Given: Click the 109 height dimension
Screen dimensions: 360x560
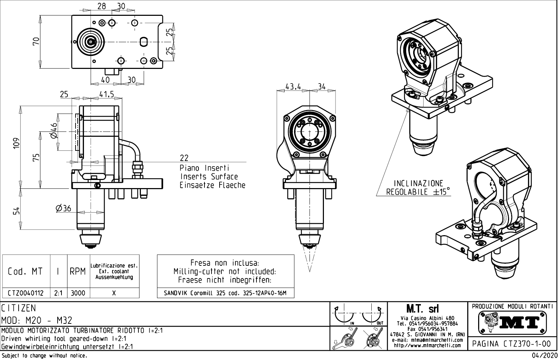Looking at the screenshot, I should tap(16, 143).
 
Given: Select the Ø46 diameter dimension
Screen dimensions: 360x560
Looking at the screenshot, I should tap(53, 131).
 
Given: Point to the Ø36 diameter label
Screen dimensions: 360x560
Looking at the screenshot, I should tap(63, 208).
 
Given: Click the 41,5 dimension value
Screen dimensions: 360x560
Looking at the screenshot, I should tap(106, 94).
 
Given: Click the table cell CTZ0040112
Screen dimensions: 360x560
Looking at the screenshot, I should tap(26, 293).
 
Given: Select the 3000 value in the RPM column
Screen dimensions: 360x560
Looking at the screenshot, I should tap(78, 293).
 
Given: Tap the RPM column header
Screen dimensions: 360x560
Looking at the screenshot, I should tap(78, 271).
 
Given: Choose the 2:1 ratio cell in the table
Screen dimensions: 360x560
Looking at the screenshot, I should tap(58, 293).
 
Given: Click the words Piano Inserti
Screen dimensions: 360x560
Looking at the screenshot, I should tap(204, 168).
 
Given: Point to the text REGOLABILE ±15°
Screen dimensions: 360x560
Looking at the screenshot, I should tap(418, 192).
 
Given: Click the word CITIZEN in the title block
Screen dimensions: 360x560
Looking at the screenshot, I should tap(19, 308).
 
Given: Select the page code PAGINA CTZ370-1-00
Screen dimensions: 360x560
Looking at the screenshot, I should tap(512, 343).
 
